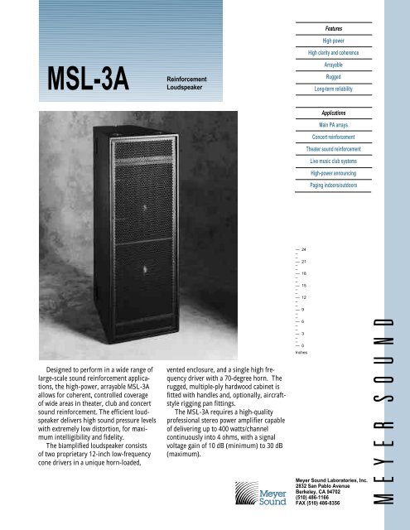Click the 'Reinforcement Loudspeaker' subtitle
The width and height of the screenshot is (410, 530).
coord(187,81)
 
